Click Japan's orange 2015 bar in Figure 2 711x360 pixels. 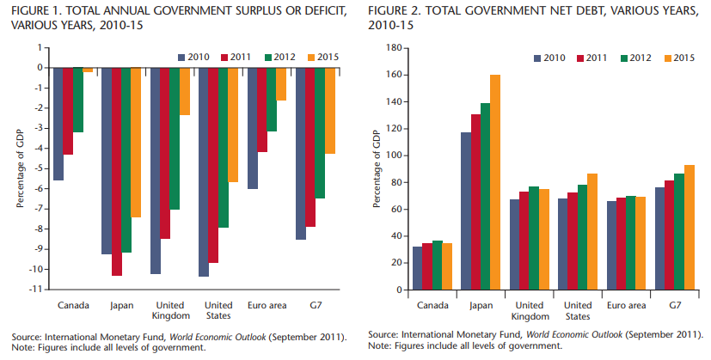click(495, 182)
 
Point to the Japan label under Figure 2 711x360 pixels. click(481, 305)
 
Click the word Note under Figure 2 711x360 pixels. click(379, 345)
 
